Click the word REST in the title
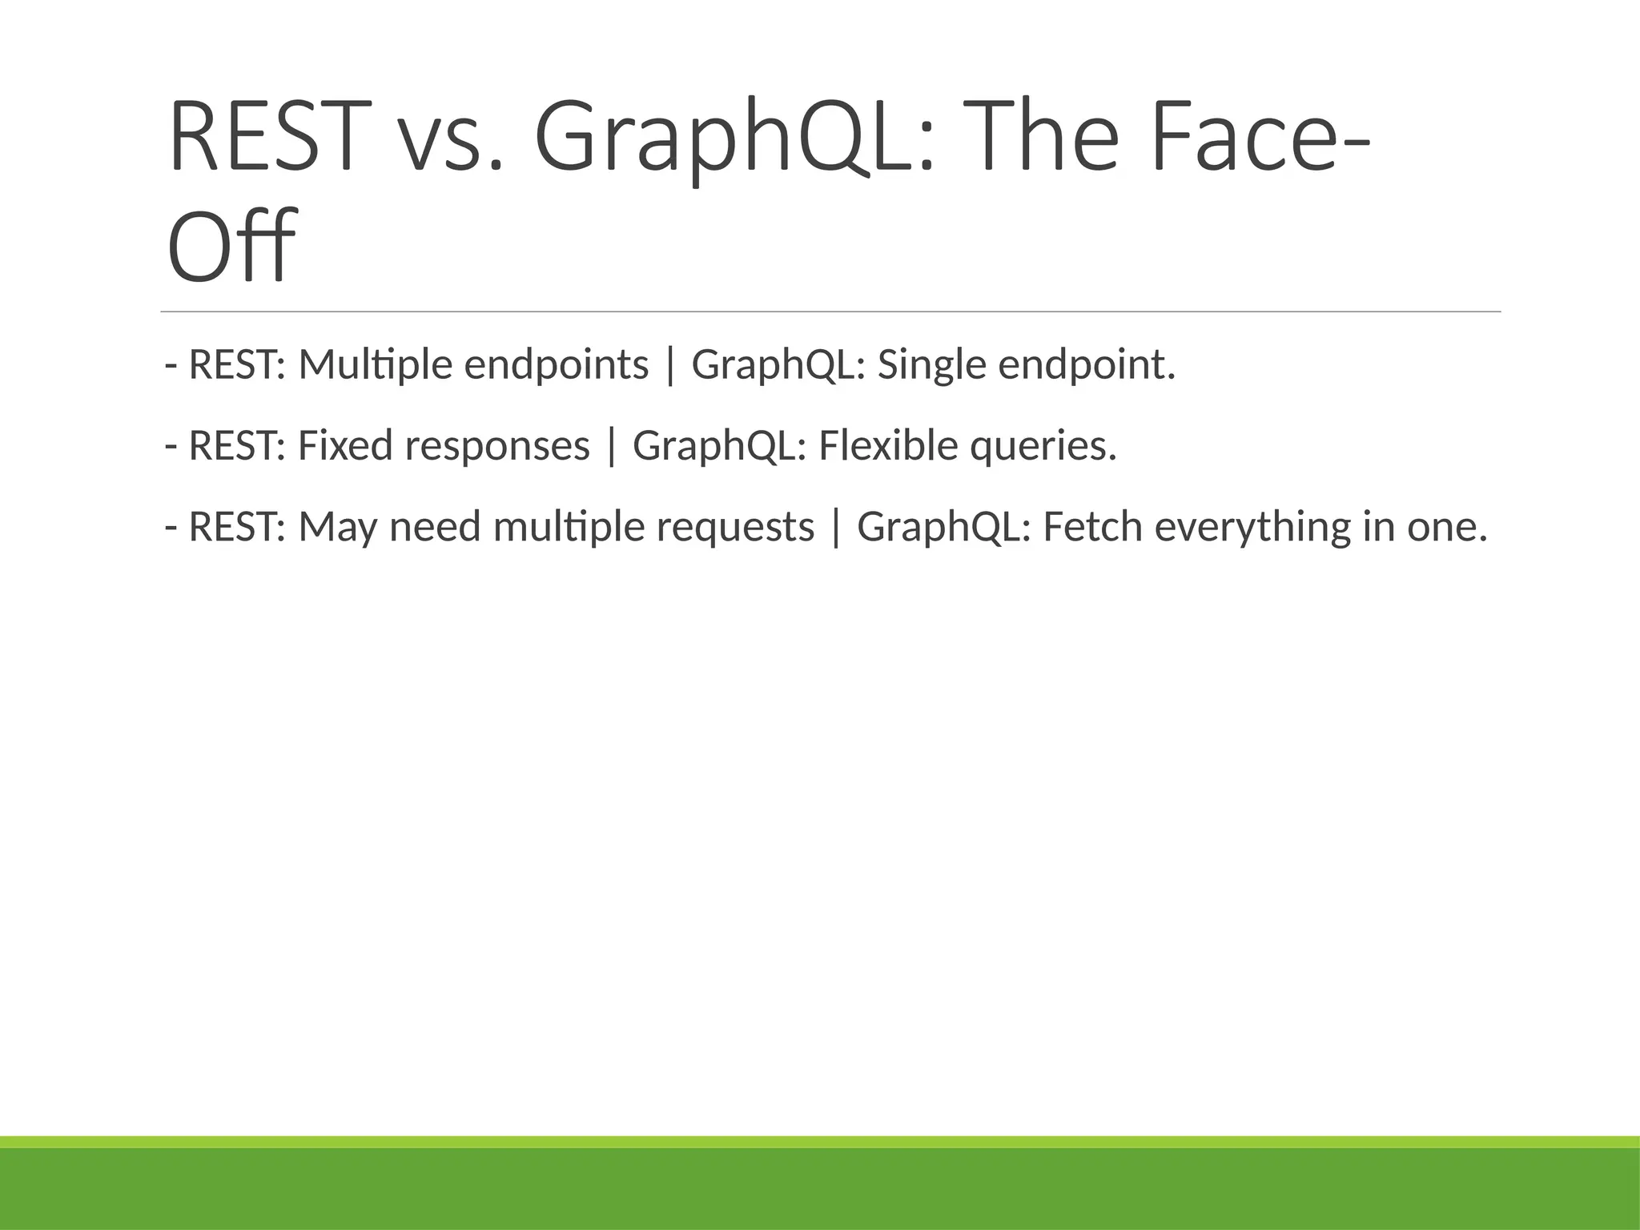(x=264, y=136)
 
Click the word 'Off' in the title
(x=231, y=247)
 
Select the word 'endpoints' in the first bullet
(x=556, y=365)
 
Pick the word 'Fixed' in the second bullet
(x=345, y=446)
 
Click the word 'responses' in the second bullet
(x=496, y=446)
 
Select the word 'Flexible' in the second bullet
(x=887, y=446)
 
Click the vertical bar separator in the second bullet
(x=612, y=446)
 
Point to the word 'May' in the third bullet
(x=337, y=528)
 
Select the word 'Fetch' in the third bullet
(x=1092, y=528)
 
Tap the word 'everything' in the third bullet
(x=1252, y=528)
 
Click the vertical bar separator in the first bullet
(x=670, y=365)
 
